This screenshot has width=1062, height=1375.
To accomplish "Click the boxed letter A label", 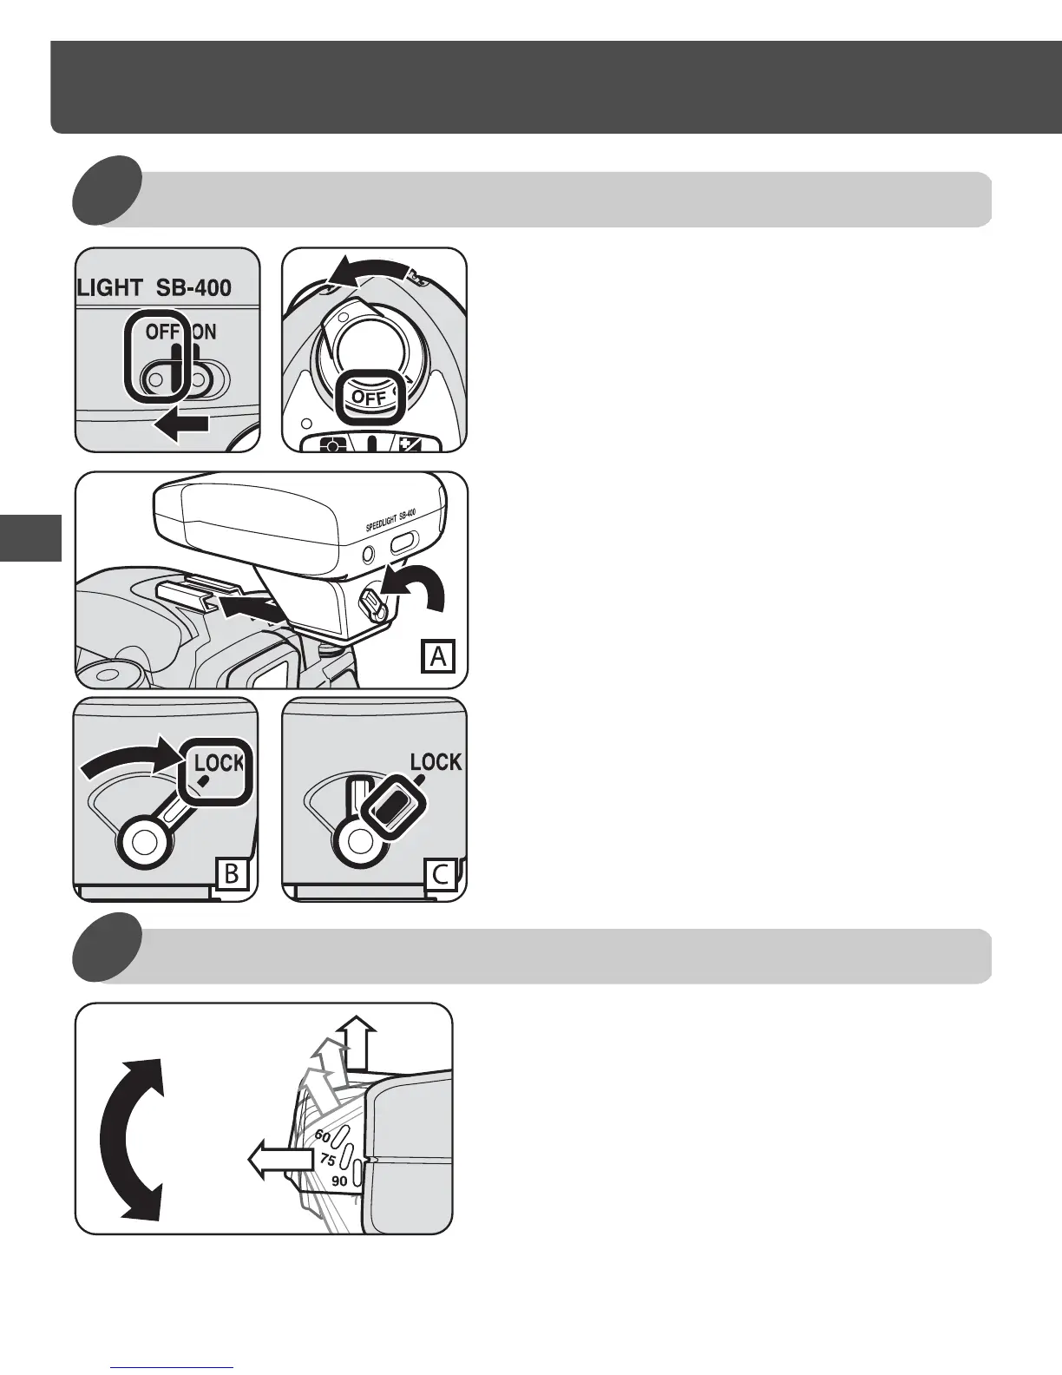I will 438,656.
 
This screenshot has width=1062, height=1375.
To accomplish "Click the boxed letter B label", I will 232,873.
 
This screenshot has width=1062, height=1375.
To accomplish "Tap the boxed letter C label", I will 441,873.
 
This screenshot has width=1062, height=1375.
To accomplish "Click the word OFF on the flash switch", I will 162,332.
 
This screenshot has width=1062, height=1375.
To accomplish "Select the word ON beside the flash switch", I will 204,332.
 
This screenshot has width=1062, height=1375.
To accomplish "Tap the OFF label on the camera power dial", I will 368,398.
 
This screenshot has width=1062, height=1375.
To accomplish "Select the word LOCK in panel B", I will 219,763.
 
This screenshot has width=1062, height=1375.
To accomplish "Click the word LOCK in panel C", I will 436,762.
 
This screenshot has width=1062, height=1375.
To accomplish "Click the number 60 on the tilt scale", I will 323,1135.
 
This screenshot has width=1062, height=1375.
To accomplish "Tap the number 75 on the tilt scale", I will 327,1159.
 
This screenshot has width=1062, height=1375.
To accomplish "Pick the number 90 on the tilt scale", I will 339,1181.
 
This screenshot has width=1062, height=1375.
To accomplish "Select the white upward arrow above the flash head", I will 358,1043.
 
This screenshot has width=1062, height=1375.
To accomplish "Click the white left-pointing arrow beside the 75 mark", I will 280,1160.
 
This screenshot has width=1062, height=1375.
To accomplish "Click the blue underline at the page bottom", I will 173,1368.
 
